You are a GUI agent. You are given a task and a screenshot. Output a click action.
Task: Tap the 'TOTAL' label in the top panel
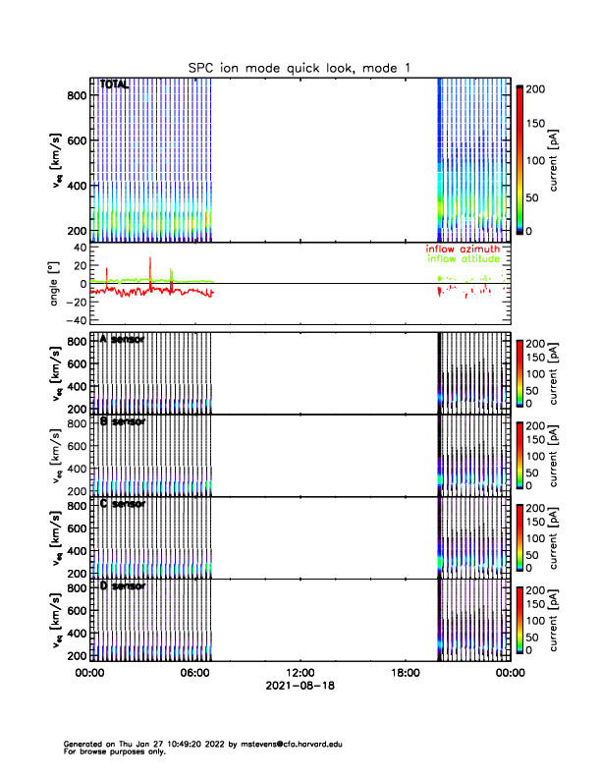(115, 85)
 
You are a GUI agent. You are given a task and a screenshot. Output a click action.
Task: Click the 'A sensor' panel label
(123, 339)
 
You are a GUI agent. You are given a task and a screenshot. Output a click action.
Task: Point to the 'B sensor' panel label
(123, 421)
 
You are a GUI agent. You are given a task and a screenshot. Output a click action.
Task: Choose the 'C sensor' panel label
(123, 504)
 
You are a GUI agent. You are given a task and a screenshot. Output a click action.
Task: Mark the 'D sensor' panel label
(123, 586)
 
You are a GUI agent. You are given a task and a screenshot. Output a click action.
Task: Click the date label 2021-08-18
(300, 686)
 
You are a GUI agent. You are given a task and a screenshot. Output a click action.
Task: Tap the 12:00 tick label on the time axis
(300, 673)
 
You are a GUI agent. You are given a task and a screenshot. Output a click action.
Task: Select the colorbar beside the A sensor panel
(519, 373)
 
